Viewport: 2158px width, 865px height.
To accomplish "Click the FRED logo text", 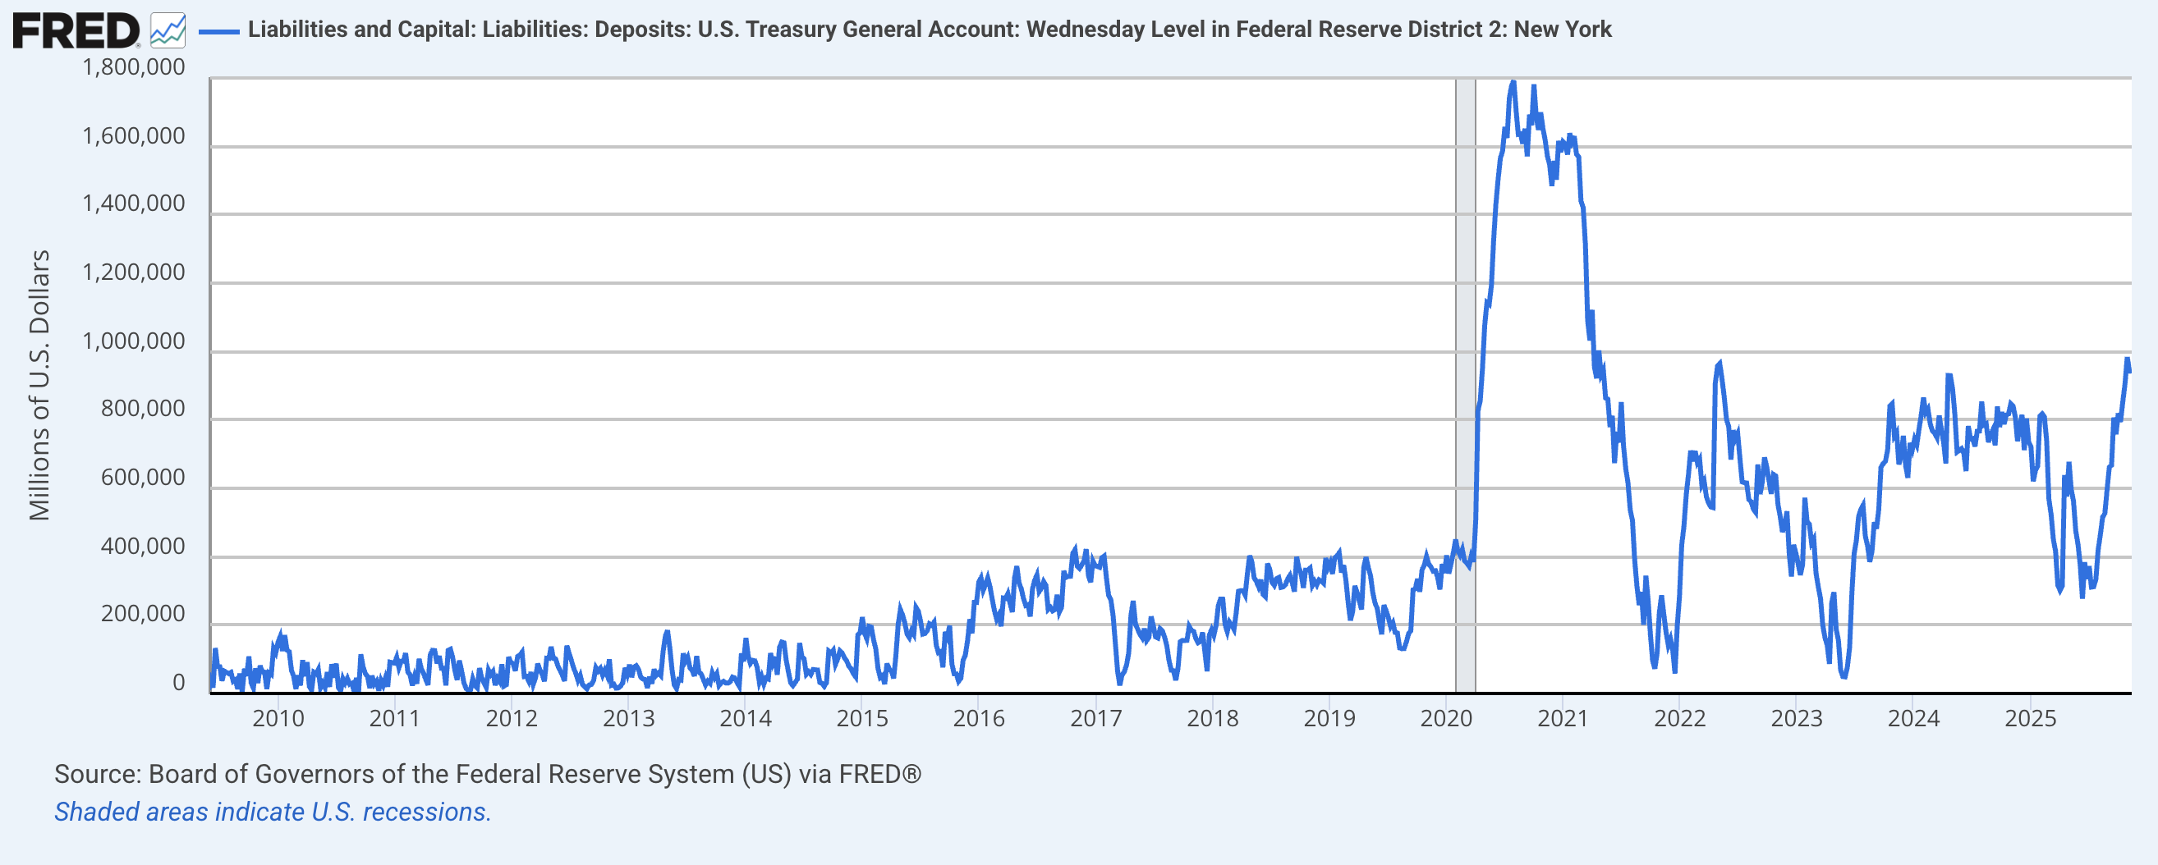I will coord(76,32).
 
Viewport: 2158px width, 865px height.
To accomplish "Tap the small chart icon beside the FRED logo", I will coord(168,31).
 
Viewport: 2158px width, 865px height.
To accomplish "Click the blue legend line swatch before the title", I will coord(218,32).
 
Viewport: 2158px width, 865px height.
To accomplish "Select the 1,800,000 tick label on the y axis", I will coord(133,67).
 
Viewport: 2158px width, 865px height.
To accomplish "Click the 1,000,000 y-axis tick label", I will coord(133,341).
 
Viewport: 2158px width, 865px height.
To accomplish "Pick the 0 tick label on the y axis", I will coord(178,683).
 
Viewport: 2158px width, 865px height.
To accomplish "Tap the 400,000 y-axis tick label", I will coord(142,546).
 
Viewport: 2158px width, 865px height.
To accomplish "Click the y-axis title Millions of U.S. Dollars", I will coord(39,385).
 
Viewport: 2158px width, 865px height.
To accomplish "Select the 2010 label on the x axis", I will coord(278,718).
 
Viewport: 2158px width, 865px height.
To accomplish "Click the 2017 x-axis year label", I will coord(1095,718).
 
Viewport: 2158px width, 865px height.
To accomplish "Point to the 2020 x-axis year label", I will coord(1446,718).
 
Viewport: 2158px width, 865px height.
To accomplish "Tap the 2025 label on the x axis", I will coord(2030,718).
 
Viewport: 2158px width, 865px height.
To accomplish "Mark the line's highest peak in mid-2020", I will coord(1513,82).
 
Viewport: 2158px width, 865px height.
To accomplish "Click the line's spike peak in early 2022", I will coord(1719,364).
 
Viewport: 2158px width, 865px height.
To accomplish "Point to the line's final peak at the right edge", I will coord(2127,359).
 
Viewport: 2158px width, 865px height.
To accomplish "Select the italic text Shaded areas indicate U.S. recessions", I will coord(273,812).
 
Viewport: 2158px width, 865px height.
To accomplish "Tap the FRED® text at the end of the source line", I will coord(879,774).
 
